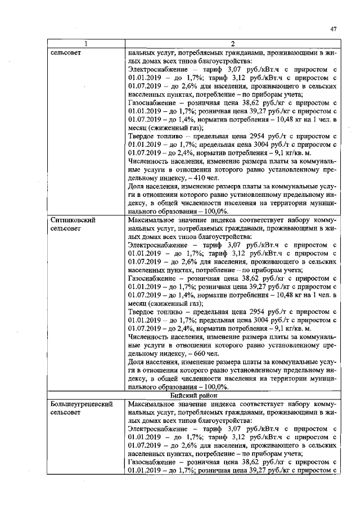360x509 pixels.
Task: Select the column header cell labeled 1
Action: (85, 44)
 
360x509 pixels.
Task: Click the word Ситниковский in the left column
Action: (71, 220)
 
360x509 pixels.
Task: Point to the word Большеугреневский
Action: (80, 404)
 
